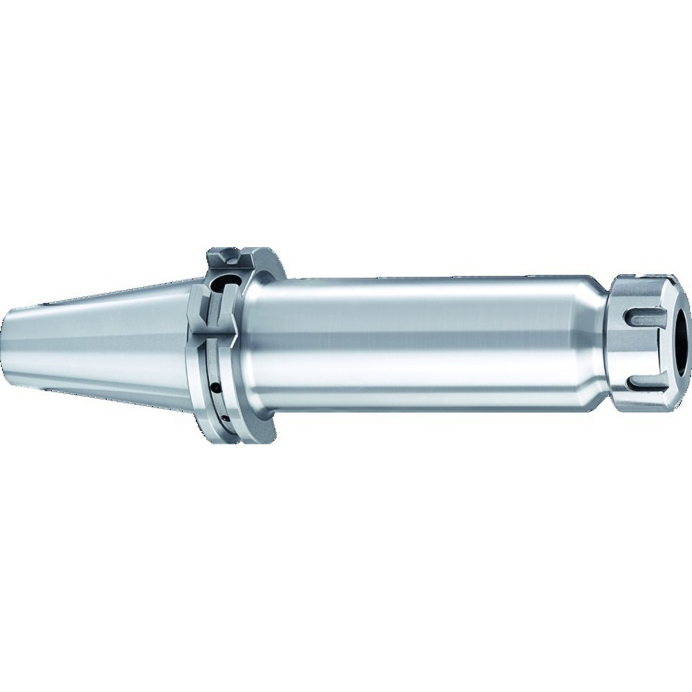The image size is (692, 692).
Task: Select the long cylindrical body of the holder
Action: click(415, 339)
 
